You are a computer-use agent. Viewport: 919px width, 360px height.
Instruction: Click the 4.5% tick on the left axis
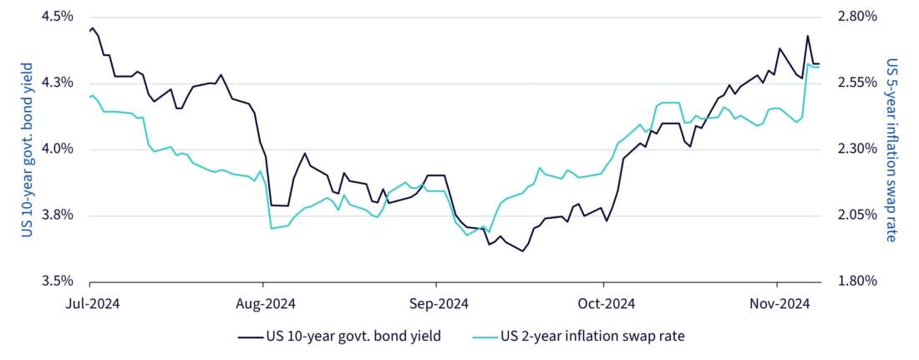pos(56,17)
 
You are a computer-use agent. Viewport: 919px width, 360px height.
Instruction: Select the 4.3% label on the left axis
pos(56,83)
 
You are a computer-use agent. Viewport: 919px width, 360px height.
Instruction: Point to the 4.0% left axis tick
pos(56,150)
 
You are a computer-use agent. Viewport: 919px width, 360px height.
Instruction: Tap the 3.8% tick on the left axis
pos(56,215)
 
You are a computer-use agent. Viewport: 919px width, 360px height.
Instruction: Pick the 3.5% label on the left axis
pos(56,281)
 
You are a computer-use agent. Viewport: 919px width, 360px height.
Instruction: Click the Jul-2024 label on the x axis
pos(89,302)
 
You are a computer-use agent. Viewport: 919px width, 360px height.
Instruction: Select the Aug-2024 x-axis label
pos(262,302)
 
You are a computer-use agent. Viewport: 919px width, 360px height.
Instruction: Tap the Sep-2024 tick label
pos(434,302)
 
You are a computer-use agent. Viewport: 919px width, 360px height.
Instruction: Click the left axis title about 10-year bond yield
pos(27,149)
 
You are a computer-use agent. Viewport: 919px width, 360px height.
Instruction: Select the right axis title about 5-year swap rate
pos(891,149)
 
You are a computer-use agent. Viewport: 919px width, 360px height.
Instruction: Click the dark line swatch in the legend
pos(250,337)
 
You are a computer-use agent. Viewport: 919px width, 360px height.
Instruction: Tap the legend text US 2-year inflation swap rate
pos(593,337)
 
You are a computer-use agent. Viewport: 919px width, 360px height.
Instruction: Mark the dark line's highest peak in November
pos(807,36)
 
